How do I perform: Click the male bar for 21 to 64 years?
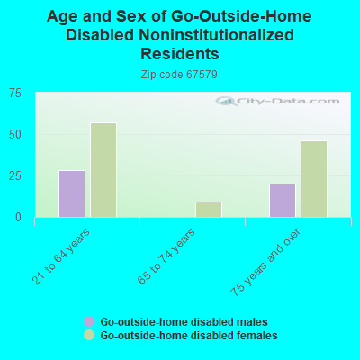(72, 193)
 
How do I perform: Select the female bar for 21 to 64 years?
(103, 170)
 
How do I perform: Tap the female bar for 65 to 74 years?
(209, 210)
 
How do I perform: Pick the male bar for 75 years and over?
(283, 201)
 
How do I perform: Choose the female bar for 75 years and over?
(314, 179)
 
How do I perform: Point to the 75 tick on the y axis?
(16, 93)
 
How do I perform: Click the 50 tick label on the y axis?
(16, 134)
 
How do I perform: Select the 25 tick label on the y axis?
(16, 175)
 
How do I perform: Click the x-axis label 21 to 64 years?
(67, 256)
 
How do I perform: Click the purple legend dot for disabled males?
(89, 321)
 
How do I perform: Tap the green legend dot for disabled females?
(89, 335)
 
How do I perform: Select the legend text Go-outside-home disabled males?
(184, 321)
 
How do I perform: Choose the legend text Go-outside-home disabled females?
(189, 335)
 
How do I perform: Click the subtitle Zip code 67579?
(179, 74)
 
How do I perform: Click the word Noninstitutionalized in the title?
(224, 35)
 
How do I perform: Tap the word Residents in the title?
(179, 53)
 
